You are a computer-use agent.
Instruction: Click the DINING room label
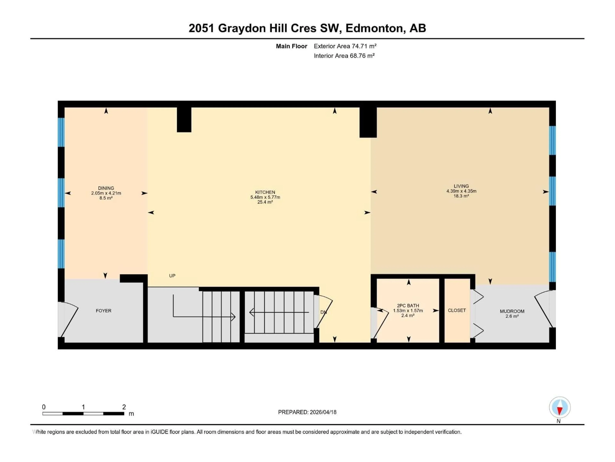(x=106, y=188)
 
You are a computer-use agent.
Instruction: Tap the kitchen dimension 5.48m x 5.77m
(x=265, y=197)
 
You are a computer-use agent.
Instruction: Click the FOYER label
(x=103, y=311)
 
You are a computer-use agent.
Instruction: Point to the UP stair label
(x=172, y=276)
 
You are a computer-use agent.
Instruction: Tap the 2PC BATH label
(x=408, y=305)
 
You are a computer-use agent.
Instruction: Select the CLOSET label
(x=456, y=310)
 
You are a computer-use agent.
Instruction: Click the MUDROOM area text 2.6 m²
(x=512, y=316)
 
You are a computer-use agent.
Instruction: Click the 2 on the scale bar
(x=124, y=407)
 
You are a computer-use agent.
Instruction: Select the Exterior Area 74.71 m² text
(x=345, y=46)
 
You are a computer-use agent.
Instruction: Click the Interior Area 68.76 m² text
(x=344, y=56)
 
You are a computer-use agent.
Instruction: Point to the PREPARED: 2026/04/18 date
(x=307, y=412)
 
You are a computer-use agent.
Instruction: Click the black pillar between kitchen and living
(x=368, y=123)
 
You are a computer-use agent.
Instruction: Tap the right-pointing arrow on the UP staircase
(x=233, y=317)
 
